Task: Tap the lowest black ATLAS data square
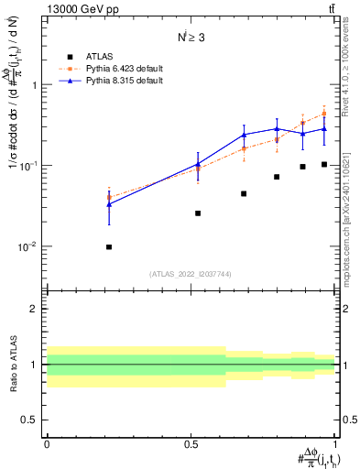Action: pyautogui.click(x=109, y=246)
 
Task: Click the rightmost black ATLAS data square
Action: pyautogui.click(x=324, y=164)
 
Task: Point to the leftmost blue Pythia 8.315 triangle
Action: pyautogui.click(x=109, y=204)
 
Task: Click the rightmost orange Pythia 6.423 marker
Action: pyautogui.click(x=324, y=114)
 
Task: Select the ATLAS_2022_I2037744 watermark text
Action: pyautogui.click(x=191, y=274)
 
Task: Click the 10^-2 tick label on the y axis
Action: pyautogui.click(x=29, y=247)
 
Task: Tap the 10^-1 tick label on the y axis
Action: pyautogui.click(x=29, y=166)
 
